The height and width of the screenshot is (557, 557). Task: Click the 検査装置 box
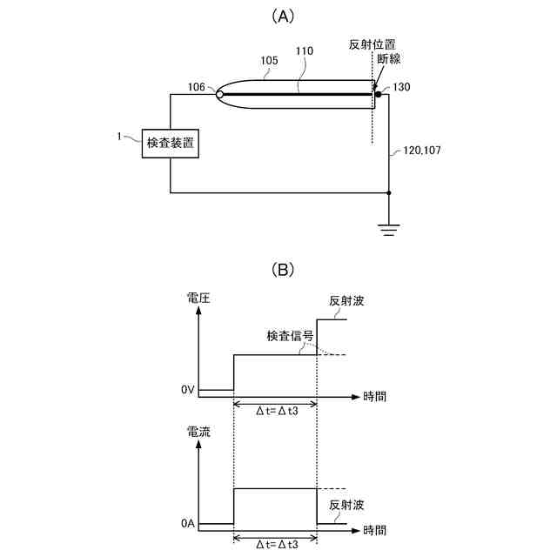tap(171, 143)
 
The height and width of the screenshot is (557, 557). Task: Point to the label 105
tap(271, 61)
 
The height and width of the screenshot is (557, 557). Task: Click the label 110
tap(305, 51)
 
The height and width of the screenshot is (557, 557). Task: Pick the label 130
tap(401, 87)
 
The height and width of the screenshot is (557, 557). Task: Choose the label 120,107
tap(422, 151)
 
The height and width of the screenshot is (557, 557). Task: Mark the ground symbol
tap(388, 230)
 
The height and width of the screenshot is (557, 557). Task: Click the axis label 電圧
tap(198, 299)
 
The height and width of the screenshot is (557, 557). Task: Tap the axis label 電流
tap(198, 431)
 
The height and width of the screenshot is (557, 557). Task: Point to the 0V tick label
tap(187, 390)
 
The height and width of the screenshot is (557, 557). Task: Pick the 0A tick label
tap(187, 524)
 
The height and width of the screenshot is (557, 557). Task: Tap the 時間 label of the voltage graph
tap(375, 396)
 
